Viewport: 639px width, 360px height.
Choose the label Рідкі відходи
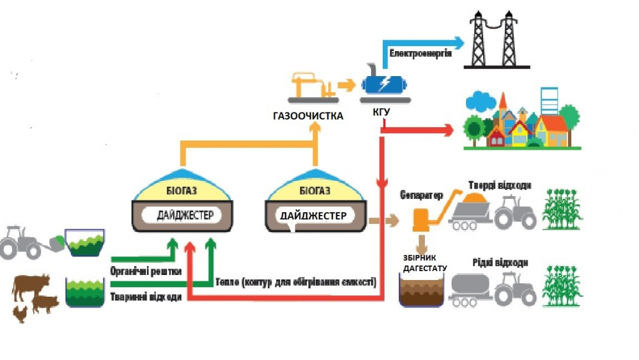[x=500, y=263]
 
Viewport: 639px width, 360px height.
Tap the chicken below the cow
[x=21, y=313]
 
